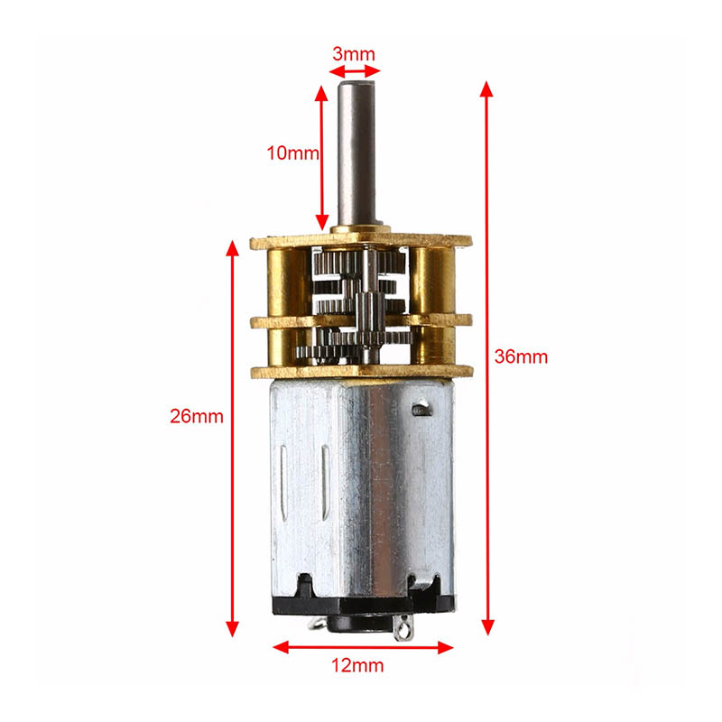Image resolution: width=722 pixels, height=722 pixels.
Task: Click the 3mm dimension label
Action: pyautogui.click(x=353, y=53)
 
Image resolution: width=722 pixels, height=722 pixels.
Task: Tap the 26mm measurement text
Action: pyautogui.click(x=196, y=416)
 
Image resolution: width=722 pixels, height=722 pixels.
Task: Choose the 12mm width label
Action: pyautogui.click(x=357, y=666)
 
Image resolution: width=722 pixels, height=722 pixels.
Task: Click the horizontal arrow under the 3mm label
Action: pyautogui.click(x=353, y=71)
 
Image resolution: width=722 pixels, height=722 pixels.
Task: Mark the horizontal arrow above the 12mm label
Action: pyautogui.click(x=363, y=646)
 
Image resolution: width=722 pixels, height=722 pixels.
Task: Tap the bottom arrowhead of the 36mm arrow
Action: pyautogui.click(x=488, y=626)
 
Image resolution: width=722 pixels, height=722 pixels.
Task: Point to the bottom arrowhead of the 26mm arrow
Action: pyautogui.click(x=233, y=627)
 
